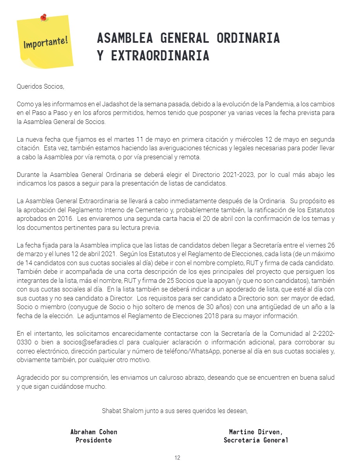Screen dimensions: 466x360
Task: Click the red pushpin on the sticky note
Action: pos(43,17)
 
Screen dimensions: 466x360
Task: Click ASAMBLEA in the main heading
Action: pos(125,38)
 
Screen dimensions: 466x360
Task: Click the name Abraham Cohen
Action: pos(94,432)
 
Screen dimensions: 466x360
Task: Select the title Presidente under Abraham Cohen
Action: pos(94,440)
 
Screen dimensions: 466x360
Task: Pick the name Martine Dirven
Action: pos(256,432)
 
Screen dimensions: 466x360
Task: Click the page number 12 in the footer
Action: pos(178,458)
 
